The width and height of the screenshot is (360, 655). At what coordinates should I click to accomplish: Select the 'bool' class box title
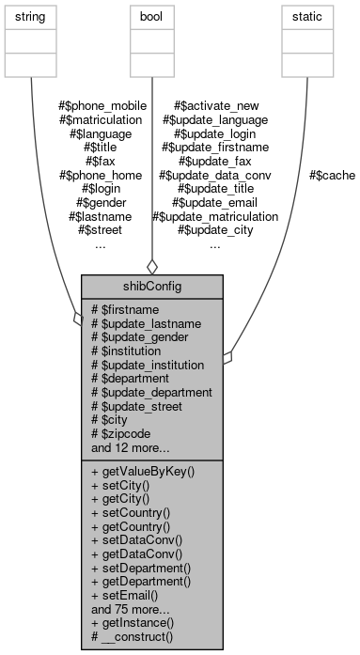[151, 18]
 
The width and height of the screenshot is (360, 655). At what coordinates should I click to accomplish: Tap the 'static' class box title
[306, 18]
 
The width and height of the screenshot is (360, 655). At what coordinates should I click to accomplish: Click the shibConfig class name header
[151, 286]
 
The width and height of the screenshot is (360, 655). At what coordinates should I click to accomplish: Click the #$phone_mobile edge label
[101, 105]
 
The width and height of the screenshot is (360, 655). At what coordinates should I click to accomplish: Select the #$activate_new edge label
[215, 105]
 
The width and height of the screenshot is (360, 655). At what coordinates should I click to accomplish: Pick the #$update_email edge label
[215, 202]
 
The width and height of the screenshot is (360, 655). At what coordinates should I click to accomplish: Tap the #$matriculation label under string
[101, 119]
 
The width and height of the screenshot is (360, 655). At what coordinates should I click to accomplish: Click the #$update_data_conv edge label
[215, 175]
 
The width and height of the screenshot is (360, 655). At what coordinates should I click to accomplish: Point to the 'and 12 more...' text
[131, 447]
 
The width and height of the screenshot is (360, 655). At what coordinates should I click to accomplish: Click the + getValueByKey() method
[143, 470]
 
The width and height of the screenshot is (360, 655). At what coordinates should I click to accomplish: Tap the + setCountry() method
[131, 512]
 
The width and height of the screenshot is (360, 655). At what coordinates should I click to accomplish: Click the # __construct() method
[133, 637]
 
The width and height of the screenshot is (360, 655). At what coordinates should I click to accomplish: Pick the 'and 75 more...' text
[131, 609]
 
